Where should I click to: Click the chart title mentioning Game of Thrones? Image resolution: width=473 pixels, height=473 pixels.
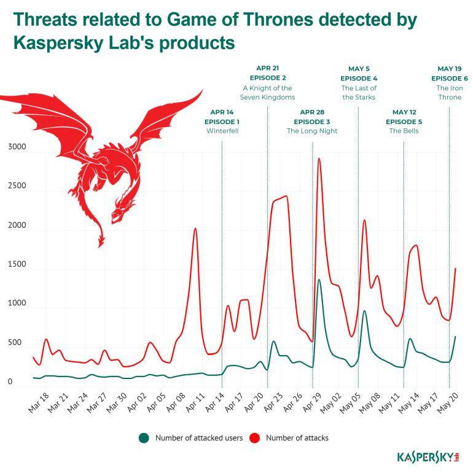click(x=215, y=31)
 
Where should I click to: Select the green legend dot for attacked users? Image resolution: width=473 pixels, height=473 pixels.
click(x=144, y=438)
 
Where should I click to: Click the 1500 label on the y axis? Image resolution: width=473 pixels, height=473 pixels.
click(x=17, y=264)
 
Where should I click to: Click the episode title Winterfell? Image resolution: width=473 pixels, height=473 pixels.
click(x=222, y=131)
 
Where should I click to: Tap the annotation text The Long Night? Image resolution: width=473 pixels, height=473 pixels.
click(x=312, y=131)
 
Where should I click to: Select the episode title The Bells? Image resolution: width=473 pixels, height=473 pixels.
click(x=404, y=131)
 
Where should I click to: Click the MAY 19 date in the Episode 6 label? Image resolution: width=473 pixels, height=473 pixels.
click(x=450, y=69)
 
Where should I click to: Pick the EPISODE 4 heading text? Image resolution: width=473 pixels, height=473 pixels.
click(x=359, y=78)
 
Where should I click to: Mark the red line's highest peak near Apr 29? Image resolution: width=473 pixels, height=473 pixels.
click(x=319, y=158)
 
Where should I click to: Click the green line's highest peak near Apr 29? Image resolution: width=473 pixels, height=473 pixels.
click(x=319, y=280)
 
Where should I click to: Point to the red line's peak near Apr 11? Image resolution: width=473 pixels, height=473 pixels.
click(x=195, y=229)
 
